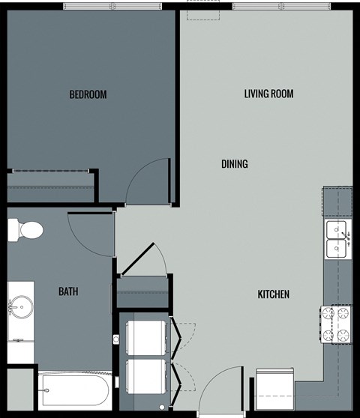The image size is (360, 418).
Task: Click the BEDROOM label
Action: tap(88, 95)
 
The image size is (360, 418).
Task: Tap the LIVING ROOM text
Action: tap(268, 94)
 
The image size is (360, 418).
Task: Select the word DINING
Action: tap(235, 164)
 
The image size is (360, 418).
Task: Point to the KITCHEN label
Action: tap(274, 294)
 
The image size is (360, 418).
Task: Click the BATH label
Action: tap(69, 291)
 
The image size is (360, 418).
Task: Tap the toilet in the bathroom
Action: tap(25, 230)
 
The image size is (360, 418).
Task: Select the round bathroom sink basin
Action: tap(20, 306)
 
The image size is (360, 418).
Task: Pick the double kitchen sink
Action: tap(337, 239)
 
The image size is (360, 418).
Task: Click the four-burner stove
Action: tap(336, 324)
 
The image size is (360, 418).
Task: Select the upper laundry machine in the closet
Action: tap(147, 339)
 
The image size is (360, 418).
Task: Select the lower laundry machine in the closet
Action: tap(147, 376)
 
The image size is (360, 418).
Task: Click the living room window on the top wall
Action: tap(280, 7)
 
